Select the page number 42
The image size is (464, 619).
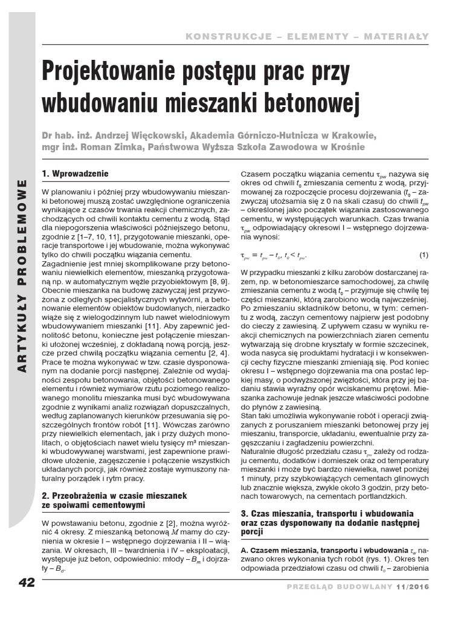coord(27,583)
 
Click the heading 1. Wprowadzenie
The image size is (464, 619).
coord(75,173)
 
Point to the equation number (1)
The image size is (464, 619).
coord(424,254)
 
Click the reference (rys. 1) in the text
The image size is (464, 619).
coord(387,559)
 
